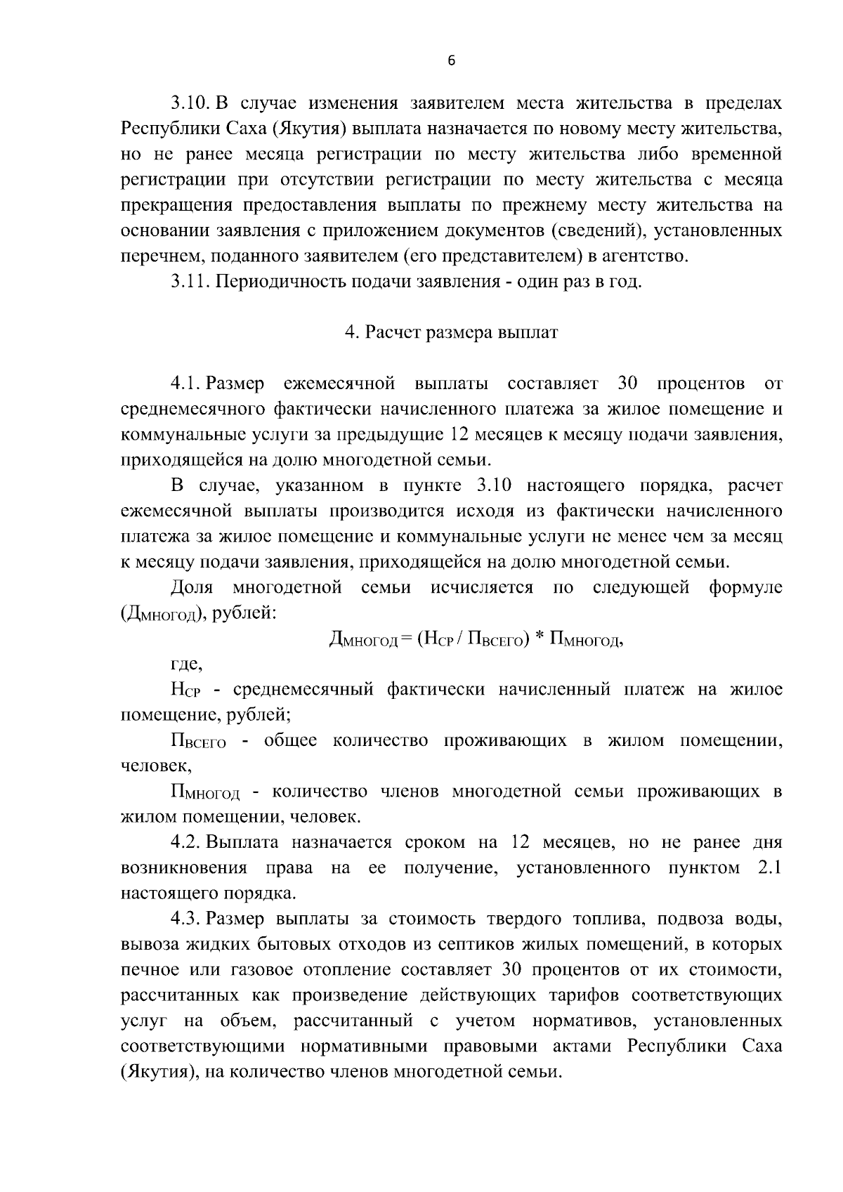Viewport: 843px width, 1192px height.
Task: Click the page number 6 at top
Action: [452, 61]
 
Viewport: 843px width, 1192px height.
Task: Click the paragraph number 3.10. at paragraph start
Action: [190, 104]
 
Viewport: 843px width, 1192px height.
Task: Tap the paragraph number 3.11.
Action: [190, 282]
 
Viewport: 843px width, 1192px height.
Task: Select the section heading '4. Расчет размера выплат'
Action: [451, 333]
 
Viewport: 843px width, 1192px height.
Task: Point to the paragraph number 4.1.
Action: [186, 384]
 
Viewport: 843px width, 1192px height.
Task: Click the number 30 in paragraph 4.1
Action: [627, 384]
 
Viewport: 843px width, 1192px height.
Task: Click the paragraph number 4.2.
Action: [186, 842]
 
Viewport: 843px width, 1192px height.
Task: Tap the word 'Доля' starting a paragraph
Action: [192, 587]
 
